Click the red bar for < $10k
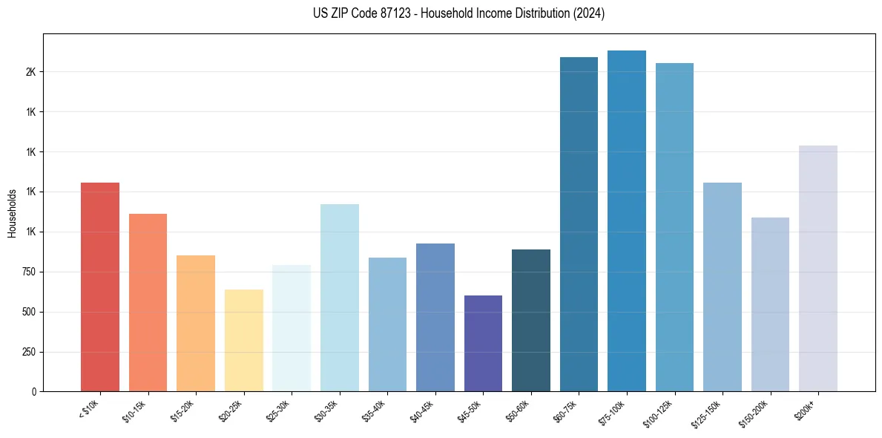100,287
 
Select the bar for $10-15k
148,302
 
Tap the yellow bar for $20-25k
243,340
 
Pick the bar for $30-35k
339,297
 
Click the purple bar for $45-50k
483,343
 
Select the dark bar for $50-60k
531,320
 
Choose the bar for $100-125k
674,227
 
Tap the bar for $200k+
818,268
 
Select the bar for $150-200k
770,304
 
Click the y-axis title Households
12,213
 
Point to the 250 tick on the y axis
28,352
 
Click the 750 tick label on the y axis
28,272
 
